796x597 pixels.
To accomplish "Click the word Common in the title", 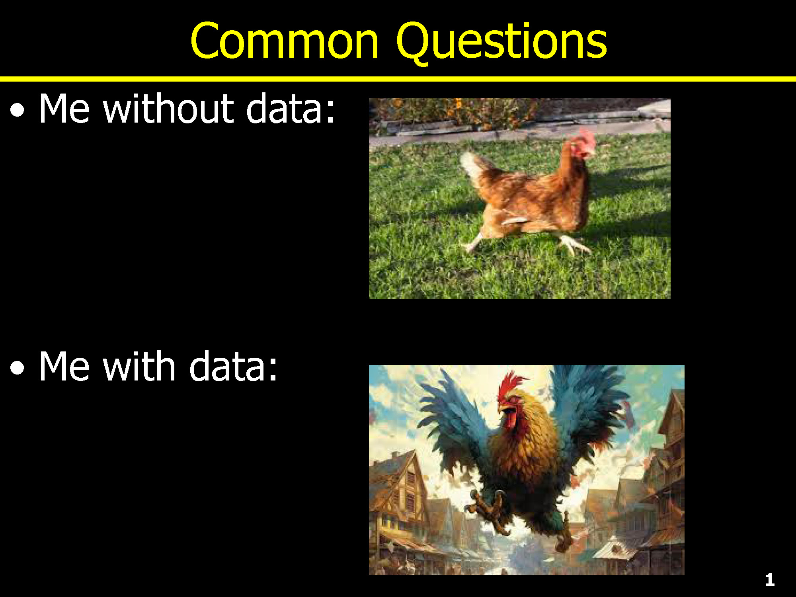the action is [x=285, y=41].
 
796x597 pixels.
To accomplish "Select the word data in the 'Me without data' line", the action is [x=284, y=108].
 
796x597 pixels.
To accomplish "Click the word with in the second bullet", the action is [x=139, y=366].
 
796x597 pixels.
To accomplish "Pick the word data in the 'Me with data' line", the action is [x=226, y=366].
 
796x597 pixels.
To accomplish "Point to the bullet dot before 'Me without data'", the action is [x=17, y=111].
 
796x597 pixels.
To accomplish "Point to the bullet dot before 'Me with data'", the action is [x=17, y=369].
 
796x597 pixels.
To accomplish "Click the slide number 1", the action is [x=770, y=580].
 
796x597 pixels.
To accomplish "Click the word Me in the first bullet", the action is [x=64, y=108].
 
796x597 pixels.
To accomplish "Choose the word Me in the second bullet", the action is [x=64, y=366].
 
